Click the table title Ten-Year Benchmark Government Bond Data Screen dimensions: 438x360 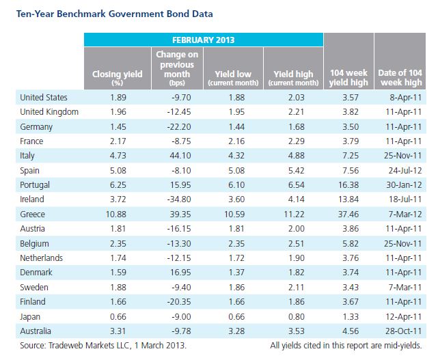(x=115, y=14)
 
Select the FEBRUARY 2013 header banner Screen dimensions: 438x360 (x=204, y=40)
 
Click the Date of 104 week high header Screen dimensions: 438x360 (x=400, y=77)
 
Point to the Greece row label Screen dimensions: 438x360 (x=32, y=214)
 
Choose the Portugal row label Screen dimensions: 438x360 (x=35, y=185)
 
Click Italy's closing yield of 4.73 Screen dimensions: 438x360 (x=118, y=155)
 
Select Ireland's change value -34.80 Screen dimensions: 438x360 (x=179, y=199)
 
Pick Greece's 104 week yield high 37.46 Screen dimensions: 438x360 (x=348, y=214)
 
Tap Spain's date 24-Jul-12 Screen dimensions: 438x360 (x=405, y=170)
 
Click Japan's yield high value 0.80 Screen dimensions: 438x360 (x=296, y=317)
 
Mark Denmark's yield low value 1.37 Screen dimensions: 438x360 (x=236, y=273)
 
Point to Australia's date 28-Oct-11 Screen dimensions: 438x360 (x=404, y=331)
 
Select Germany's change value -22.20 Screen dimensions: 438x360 (x=179, y=127)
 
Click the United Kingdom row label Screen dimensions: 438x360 (x=49, y=112)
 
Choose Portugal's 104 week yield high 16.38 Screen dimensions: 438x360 (x=348, y=185)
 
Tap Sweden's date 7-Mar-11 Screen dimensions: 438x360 (x=405, y=288)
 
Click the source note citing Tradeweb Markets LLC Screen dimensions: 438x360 (x=103, y=346)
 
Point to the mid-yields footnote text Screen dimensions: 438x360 (x=346, y=346)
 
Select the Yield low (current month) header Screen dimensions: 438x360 (x=233, y=78)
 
